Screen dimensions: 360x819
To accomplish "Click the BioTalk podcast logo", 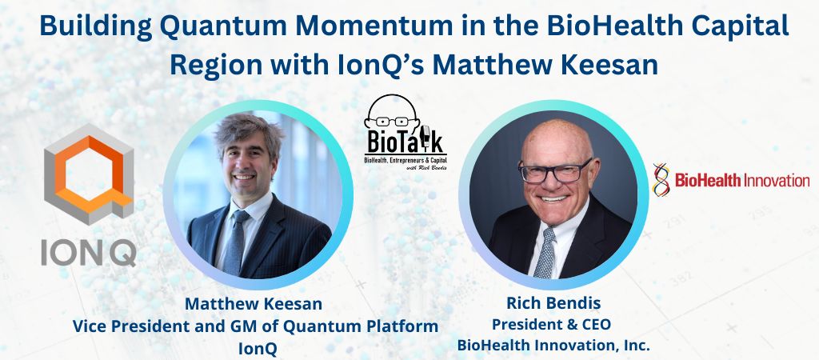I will [x=405, y=135].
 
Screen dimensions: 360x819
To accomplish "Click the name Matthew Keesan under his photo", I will [x=255, y=304].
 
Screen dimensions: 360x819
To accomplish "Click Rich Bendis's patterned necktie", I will [x=545, y=248].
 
